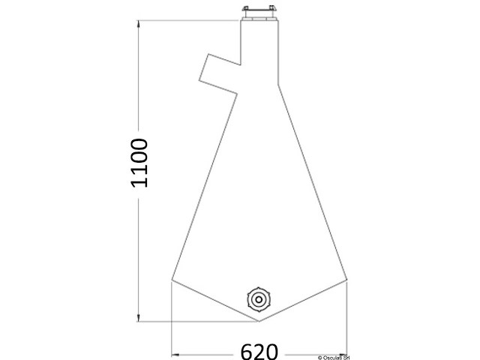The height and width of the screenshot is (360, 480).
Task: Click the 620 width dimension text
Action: [x=260, y=351]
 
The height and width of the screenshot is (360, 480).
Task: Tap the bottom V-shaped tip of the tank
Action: [x=259, y=321]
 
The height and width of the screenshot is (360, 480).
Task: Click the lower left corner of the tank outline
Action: [x=172, y=281]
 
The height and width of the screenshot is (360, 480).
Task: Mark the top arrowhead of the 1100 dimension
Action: [x=138, y=25]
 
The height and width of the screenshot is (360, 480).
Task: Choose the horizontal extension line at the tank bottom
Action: [x=195, y=322]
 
